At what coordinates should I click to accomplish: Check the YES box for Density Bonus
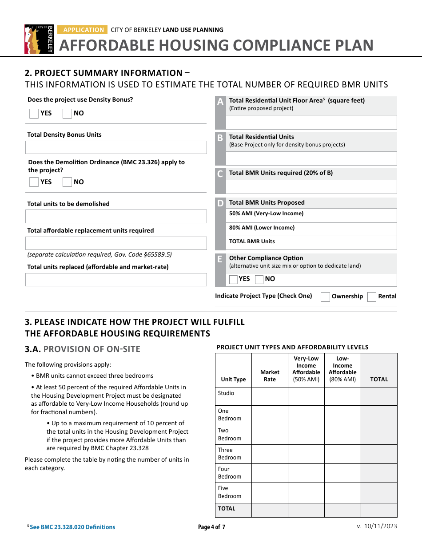point(34,114)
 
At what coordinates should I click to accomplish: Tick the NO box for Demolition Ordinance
point(67,182)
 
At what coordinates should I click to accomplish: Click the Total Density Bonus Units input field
point(116,147)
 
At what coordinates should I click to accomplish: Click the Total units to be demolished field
point(116,217)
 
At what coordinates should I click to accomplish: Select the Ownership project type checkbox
point(325,297)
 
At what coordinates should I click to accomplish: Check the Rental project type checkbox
point(372,297)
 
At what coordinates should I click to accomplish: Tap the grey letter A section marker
point(220,102)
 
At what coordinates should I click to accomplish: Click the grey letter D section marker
point(220,204)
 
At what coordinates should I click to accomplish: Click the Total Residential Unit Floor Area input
point(311,123)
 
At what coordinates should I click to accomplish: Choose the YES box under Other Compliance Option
point(233,280)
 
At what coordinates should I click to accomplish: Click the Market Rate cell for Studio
point(270,396)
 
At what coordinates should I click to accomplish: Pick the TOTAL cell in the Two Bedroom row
point(379,435)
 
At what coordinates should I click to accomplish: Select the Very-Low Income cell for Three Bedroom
point(306,454)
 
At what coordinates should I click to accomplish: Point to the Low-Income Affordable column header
point(342,369)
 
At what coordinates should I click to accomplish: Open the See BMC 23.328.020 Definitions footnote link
point(72,527)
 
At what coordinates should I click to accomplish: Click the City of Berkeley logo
point(39,39)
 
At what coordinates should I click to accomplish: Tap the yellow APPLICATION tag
point(83,30)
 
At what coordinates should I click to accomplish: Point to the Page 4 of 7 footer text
point(211,527)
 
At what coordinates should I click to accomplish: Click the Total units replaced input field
point(116,280)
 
